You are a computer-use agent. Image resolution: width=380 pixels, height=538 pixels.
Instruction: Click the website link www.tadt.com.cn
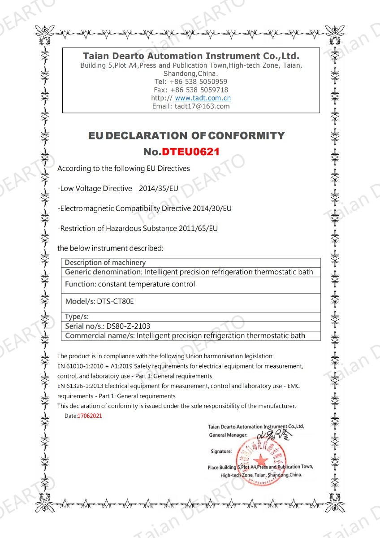pyautogui.click(x=203, y=98)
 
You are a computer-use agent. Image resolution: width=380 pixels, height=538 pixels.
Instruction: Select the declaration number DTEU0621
pyautogui.click(x=190, y=152)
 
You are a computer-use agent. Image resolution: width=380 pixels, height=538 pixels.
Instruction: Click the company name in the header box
pyautogui.click(x=191, y=56)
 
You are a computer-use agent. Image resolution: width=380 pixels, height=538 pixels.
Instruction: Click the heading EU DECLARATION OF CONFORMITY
pyautogui.click(x=186, y=135)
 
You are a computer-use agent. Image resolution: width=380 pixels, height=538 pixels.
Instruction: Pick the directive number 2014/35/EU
pyautogui.click(x=159, y=189)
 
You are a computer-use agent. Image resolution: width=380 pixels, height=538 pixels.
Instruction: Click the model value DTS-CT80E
pyautogui.click(x=115, y=301)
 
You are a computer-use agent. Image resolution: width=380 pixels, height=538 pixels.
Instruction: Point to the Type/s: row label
pyautogui.click(x=77, y=317)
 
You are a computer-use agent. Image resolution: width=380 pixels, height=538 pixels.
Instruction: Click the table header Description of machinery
pyautogui.click(x=105, y=263)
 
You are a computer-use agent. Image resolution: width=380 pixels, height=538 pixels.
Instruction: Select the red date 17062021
pyautogui.click(x=90, y=416)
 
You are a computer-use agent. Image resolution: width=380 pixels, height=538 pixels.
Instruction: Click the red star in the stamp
pyautogui.click(x=259, y=460)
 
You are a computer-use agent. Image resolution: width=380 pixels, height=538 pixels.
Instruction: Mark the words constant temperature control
pyautogui.click(x=147, y=284)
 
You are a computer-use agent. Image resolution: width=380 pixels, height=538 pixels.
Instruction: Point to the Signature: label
pyautogui.click(x=221, y=451)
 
